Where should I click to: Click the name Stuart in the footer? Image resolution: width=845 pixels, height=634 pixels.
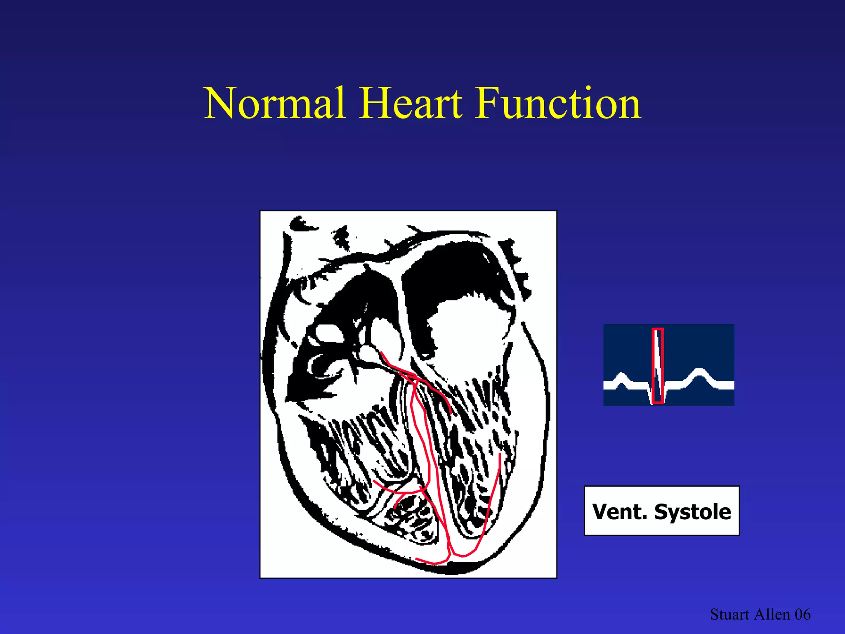coord(729,615)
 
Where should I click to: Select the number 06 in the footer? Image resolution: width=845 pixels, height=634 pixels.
coord(803,615)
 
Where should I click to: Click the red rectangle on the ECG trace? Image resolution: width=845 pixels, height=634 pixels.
coord(658,365)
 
